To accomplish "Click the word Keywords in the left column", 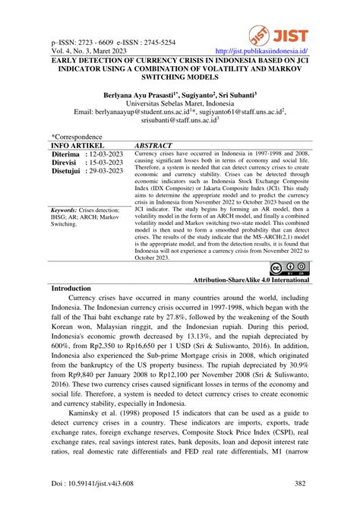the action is coord(68,209).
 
